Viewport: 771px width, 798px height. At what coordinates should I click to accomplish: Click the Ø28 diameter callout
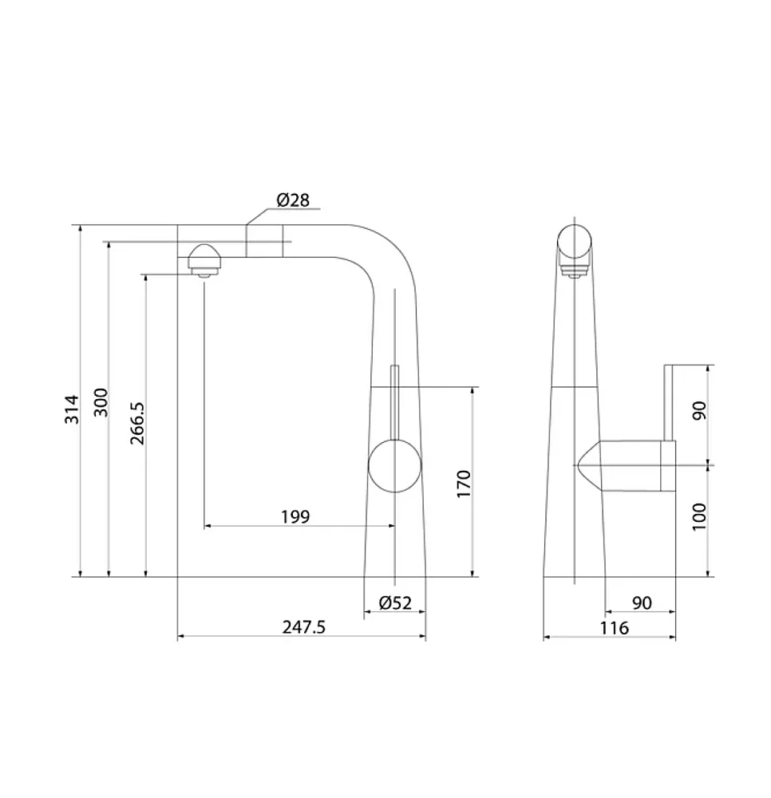[x=293, y=200]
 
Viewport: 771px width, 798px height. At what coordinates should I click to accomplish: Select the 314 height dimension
[x=73, y=409]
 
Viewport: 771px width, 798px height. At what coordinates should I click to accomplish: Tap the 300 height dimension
[x=101, y=402]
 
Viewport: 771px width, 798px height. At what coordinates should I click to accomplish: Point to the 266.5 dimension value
[x=137, y=423]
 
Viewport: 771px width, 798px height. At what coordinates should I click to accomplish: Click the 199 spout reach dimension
[x=295, y=516]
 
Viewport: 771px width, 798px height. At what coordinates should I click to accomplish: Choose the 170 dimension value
[x=464, y=484]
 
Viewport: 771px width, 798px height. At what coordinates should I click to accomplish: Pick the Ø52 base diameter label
[x=395, y=602]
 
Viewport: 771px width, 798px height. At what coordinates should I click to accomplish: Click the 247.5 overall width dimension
[x=304, y=627]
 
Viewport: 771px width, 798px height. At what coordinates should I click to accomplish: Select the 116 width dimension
[x=614, y=628]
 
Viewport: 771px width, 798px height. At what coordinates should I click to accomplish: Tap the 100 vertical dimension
[x=700, y=516]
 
